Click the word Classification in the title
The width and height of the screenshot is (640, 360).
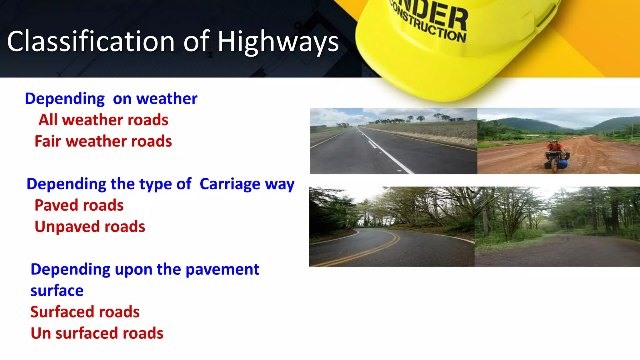(91, 41)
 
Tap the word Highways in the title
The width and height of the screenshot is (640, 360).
(278, 42)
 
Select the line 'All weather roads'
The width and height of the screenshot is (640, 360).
(103, 120)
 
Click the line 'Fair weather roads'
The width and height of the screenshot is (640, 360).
(103, 141)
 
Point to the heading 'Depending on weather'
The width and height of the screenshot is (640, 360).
(111, 99)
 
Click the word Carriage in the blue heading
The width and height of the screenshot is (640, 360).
(230, 184)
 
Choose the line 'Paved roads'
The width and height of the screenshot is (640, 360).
(79, 205)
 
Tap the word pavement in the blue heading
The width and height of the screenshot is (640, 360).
(222, 269)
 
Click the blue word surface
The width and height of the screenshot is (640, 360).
(57, 291)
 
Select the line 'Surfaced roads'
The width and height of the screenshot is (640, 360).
(85, 312)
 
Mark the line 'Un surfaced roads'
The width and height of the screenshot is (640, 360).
(97, 333)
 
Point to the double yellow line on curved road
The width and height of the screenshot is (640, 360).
(375, 250)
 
